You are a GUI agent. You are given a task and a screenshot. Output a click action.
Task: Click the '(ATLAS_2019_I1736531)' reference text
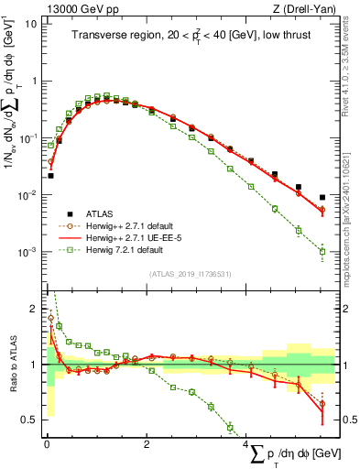click(x=191, y=274)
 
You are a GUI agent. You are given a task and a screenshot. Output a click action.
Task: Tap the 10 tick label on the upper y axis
click(x=31, y=24)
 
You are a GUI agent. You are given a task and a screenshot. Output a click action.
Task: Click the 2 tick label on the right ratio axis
click(x=343, y=309)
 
